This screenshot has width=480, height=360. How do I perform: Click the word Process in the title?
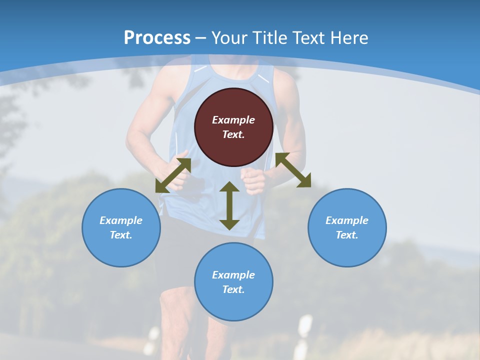coord(157,38)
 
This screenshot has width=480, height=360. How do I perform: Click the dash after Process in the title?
coord(201,38)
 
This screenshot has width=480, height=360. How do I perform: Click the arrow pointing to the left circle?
coord(173,175)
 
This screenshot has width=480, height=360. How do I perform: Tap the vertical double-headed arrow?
coord(229,205)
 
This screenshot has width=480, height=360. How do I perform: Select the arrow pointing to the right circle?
coord(293,170)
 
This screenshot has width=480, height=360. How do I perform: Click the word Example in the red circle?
coord(233,120)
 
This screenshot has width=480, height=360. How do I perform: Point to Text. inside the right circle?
coord(347,235)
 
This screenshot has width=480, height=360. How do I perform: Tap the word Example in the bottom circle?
coord(233,275)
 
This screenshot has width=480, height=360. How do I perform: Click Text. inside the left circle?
coord(121,235)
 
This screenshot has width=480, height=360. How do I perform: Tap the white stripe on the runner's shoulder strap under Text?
coord(263,78)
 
